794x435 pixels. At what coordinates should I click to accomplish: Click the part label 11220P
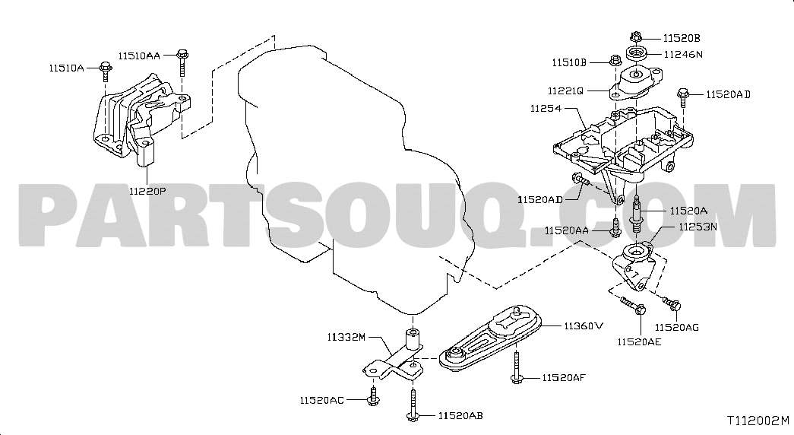coord(147,191)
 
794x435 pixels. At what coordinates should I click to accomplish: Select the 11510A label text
coord(66,68)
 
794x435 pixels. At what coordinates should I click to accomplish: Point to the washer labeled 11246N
coord(637,52)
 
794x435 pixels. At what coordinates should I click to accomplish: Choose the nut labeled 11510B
coord(615,60)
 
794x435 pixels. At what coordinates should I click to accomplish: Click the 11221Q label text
coord(565,91)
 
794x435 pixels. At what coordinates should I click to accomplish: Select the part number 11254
coord(546,109)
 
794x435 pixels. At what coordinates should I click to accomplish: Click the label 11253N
coord(698,227)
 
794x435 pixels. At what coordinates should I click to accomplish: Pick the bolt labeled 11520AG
coord(672,303)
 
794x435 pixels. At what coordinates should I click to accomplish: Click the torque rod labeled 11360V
coord(489,338)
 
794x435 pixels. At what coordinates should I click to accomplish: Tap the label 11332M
coord(346,337)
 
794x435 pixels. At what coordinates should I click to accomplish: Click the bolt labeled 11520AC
coord(373,396)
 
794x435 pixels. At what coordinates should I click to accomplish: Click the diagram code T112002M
coord(758,421)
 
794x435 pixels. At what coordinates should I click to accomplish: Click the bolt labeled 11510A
coord(106,71)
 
